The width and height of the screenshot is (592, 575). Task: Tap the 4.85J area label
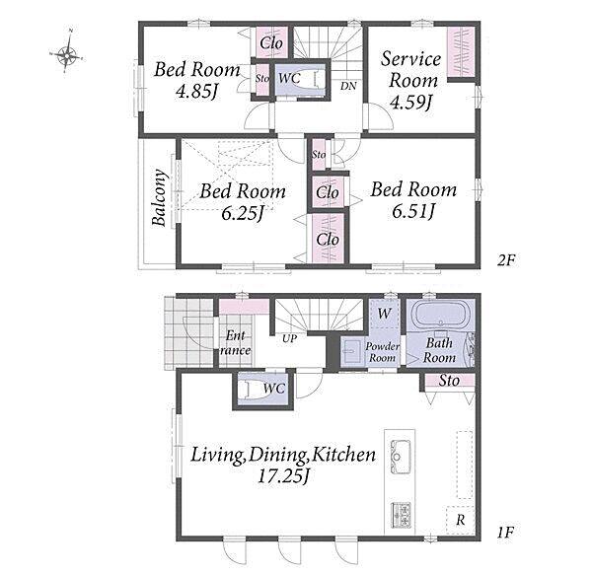[x=197, y=92]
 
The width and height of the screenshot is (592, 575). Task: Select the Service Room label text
[x=411, y=69]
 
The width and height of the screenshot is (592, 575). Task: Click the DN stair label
[x=348, y=86]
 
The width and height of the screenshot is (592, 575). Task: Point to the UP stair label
[x=289, y=339]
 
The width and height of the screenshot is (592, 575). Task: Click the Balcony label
[x=159, y=197]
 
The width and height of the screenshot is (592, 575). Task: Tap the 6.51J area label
[x=413, y=211]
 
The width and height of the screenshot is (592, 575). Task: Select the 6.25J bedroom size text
[x=243, y=213]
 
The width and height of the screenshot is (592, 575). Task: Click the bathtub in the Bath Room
[x=440, y=315]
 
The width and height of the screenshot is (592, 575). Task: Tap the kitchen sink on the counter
[x=401, y=457]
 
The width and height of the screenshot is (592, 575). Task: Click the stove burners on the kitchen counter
[x=401, y=515]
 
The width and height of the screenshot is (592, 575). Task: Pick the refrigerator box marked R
[x=460, y=520]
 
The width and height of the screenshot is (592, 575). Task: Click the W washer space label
[x=384, y=314]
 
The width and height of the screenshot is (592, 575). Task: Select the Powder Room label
[x=382, y=352]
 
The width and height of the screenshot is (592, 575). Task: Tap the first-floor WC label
[x=274, y=389]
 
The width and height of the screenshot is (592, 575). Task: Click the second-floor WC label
[x=289, y=78]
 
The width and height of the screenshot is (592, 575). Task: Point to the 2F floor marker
[x=505, y=260]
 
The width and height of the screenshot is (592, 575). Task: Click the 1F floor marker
[x=505, y=533]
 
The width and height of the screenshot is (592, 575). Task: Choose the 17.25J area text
[x=284, y=476]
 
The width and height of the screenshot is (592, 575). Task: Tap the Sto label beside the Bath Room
[x=449, y=381]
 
